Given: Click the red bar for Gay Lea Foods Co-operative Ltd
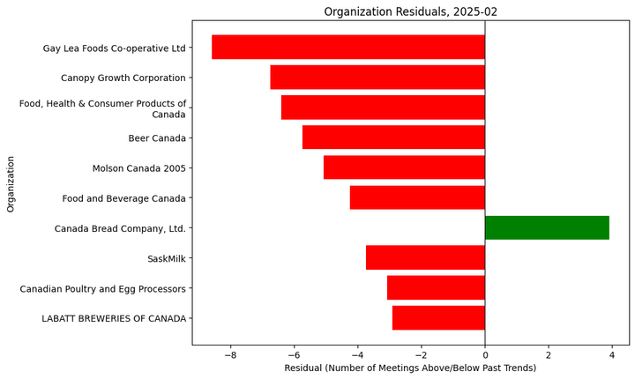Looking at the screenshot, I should tap(348, 48).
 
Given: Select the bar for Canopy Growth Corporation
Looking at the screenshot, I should tap(377, 78).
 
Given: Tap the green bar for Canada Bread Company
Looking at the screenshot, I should tap(547, 227).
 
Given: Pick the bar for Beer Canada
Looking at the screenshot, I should tap(393, 137).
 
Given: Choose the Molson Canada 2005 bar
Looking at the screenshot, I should tap(404, 167).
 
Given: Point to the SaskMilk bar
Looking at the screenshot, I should tap(425, 257).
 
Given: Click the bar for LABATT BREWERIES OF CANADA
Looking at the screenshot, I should tap(438, 317).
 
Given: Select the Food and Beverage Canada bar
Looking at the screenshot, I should tap(417, 197).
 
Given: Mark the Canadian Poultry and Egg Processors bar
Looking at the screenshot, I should tap(436, 287).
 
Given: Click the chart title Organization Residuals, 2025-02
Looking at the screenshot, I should tap(410, 11).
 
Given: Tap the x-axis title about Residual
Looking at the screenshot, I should tap(410, 368).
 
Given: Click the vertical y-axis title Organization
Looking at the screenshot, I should tap(11, 183).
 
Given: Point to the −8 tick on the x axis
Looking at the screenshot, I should tap(230, 355).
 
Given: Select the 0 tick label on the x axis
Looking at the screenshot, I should tap(485, 355).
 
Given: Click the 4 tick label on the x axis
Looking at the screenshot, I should tap(612, 355).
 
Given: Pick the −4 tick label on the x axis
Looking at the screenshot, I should tap(357, 355).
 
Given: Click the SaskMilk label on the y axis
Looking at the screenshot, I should tap(167, 258).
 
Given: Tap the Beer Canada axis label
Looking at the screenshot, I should tap(157, 138).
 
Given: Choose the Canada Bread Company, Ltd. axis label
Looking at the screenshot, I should tap(120, 228).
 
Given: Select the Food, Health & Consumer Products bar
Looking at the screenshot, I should tap(383, 108).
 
